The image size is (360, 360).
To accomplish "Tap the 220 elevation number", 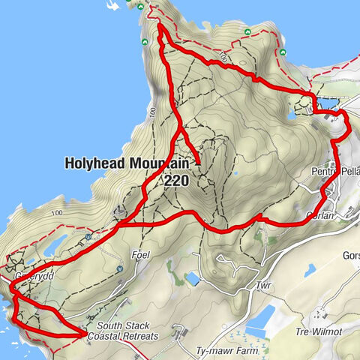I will pos(176,180).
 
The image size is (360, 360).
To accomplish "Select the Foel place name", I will pos(141,256).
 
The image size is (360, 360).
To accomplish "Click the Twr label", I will pos(261,286).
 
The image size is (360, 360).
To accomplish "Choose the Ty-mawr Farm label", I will pos(231,350).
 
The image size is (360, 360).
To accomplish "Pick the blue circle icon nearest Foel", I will pos(120,268).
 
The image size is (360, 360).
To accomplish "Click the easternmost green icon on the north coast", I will pos(283,52).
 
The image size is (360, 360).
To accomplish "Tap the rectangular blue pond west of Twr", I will pos(192,279).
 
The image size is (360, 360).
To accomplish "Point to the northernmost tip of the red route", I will pos(160,26).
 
